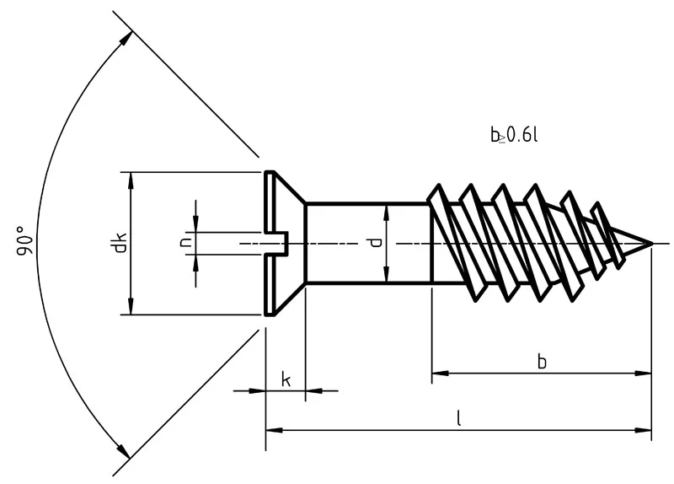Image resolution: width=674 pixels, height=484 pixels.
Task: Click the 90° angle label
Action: coord(26,241)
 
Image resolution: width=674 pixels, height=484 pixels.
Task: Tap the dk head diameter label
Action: coord(120,243)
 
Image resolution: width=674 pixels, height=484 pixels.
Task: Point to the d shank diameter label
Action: coord(374,243)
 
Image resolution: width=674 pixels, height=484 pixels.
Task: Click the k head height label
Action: coord(286,379)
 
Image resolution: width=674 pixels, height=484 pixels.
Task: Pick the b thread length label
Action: coord(542,361)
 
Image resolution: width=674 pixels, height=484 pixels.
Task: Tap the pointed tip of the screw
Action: coord(650,245)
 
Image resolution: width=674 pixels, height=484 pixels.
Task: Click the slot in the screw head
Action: coord(278,245)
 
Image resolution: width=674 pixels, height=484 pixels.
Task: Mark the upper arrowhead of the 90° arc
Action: coord(126,39)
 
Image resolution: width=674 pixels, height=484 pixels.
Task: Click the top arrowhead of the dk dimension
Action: coord(130,177)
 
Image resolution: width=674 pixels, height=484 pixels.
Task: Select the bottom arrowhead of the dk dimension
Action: coord(130,309)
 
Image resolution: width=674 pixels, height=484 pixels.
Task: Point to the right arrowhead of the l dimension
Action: coord(645,431)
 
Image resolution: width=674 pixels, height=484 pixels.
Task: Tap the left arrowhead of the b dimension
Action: coord(438,372)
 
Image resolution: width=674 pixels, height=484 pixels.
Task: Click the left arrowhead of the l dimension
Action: coord(271,431)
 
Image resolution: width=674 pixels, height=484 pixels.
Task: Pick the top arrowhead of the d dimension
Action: coord(386,209)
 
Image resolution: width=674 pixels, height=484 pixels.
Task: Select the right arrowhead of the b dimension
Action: coord(645,372)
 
